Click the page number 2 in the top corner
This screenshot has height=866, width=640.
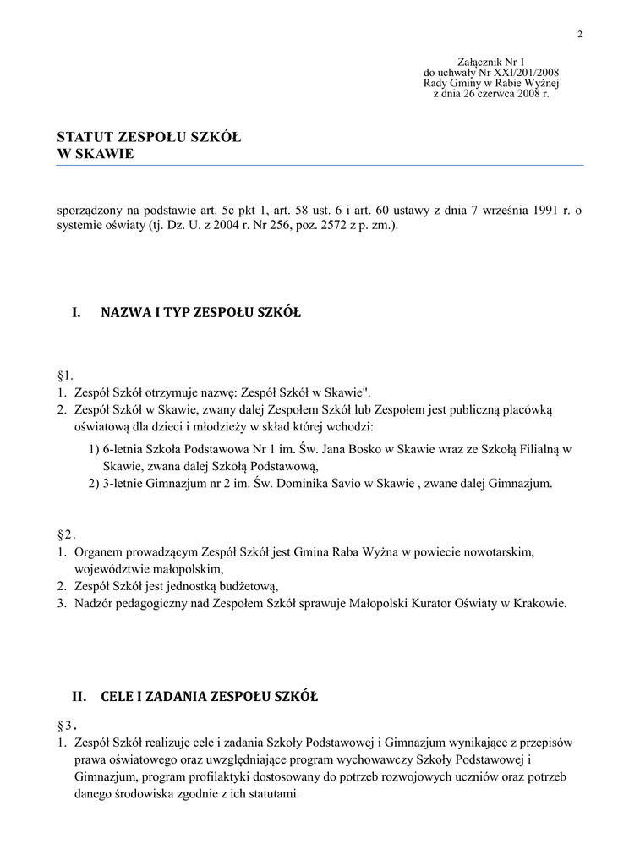(x=580, y=35)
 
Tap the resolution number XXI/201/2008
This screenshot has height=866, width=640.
(x=520, y=74)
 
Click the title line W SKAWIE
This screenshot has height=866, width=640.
(x=95, y=154)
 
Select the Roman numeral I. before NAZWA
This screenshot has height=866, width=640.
(x=76, y=313)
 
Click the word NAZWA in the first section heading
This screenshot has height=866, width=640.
(x=123, y=313)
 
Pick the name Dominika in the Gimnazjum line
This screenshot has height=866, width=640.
(x=310, y=484)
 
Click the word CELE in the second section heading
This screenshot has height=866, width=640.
(x=118, y=698)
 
